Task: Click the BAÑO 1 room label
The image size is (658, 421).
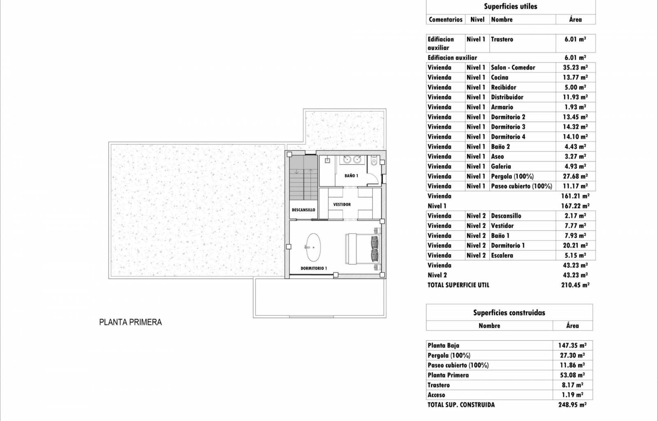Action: (x=351, y=176)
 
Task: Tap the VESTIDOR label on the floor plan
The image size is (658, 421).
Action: (x=342, y=204)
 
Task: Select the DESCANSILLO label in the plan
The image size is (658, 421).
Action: (x=303, y=210)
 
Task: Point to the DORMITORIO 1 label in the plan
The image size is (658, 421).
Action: (x=314, y=268)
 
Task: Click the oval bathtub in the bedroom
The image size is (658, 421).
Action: (x=313, y=247)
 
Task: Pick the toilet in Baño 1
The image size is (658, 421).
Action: (x=374, y=160)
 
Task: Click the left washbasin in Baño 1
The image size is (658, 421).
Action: (x=347, y=160)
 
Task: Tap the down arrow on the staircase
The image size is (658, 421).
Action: (x=297, y=171)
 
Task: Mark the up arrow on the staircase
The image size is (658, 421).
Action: (x=310, y=171)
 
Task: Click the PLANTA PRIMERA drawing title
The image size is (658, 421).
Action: (x=130, y=322)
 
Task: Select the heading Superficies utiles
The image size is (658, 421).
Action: (x=510, y=7)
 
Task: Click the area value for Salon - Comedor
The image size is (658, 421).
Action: (x=575, y=67)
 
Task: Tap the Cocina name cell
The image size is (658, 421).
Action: (x=499, y=78)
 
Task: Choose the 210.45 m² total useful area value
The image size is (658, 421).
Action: (x=575, y=285)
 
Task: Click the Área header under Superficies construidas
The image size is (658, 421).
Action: (x=572, y=326)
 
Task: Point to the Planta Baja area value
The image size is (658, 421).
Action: (x=572, y=345)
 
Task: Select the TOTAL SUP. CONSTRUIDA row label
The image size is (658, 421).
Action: (x=461, y=405)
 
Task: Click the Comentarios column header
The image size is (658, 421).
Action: (x=445, y=20)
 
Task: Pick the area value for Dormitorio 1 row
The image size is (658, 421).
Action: (x=575, y=245)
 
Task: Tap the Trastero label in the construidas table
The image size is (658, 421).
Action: (x=438, y=385)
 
